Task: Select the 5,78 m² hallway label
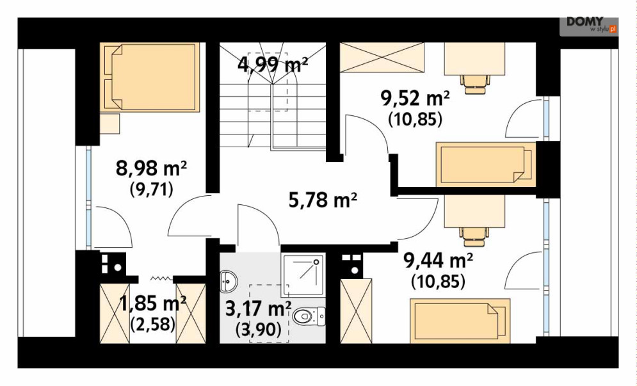pyautogui.click(x=323, y=200)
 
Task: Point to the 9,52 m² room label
pyautogui.click(x=415, y=99)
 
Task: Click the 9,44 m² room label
pyautogui.click(x=438, y=261)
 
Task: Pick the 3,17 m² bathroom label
pyautogui.click(x=258, y=310)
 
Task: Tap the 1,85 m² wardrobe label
pyautogui.click(x=153, y=303)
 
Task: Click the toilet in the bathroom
pyautogui.click(x=309, y=316)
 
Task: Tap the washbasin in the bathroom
pyautogui.click(x=229, y=281)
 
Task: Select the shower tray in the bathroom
pyautogui.click(x=304, y=275)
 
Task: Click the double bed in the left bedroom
pyautogui.click(x=150, y=77)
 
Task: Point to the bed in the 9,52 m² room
pyautogui.click(x=486, y=164)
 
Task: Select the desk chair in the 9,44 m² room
pyautogui.click(x=474, y=237)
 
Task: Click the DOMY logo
pyautogui.click(x=588, y=25)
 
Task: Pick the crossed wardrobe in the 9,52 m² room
pyautogui.click(x=382, y=58)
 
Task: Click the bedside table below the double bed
pyautogui.click(x=109, y=124)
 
